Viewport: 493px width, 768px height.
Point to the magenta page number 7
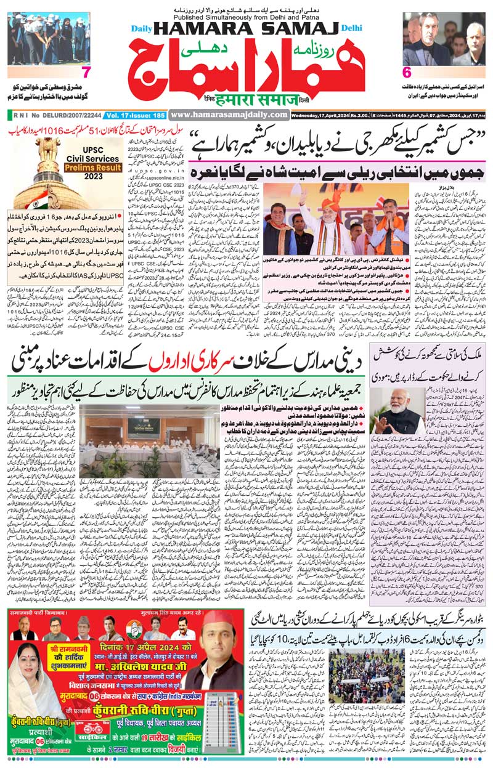coord(86,73)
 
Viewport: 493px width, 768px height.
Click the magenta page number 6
coord(407,71)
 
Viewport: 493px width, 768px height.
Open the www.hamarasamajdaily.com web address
coord(229,115)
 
